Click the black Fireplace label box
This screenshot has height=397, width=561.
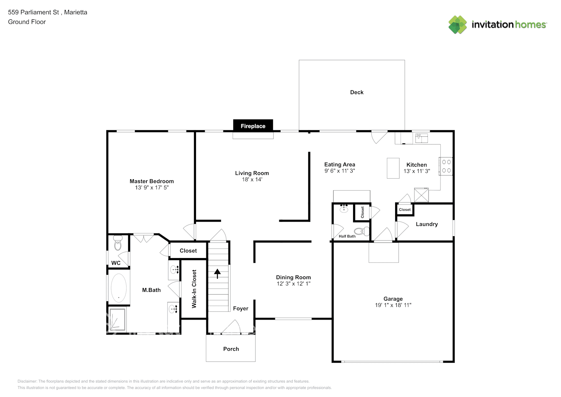[x=253, y=126]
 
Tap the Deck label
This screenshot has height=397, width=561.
[x=357, y=92]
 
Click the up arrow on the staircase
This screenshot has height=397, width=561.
[x=217, y=274]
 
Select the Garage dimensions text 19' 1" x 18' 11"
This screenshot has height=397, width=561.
[x=393, y=305]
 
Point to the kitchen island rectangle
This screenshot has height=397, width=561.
[x=393, y=168]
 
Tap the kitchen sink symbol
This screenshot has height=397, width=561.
[x=421, y=138]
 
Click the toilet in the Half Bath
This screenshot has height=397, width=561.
[x=360, y=231]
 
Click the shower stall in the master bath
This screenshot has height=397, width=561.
[x=117, y=319]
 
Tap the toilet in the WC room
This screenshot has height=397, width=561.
[x=117, y=243]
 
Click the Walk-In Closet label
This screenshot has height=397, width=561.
[x=194, y=289]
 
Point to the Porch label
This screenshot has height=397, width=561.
[x=231, y=349]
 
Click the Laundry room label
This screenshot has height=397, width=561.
[x=427, y=224]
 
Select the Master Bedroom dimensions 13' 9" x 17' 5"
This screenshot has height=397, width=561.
[x=152, y=188]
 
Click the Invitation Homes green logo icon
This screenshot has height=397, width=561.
[x=457, y=25]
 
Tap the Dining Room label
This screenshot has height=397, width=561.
[x=293, y=277]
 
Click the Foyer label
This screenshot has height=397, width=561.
[x=240, y=308]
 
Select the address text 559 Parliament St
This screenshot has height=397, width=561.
[x=33, y=12]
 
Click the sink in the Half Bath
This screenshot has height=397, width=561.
[x=344, y=209]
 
